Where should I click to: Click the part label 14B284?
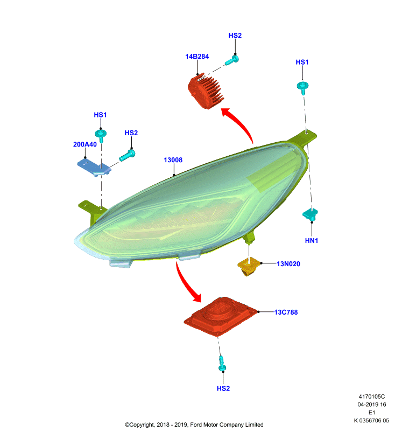coord(197,57)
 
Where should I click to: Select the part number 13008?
coord(173,160)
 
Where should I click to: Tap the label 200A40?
coord(85,144)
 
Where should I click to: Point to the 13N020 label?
coord(288,264)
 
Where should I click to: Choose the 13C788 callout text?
coord(286,312)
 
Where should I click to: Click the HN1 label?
coord(312,240)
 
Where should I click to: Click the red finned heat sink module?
coord(206,91)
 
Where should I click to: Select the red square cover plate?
coord(221,316)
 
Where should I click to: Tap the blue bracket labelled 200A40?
coord(94,167)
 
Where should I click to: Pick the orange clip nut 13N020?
coord(249,266)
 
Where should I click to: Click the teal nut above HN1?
coord(310,214)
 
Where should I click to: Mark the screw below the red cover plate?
coord(222,363)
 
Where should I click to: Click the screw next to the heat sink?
coord(232,60)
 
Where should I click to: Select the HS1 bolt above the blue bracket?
coord(101,136)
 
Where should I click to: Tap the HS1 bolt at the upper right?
coord(302,88)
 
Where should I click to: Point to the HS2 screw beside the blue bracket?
coord(127,155)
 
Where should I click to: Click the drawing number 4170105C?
coord(372,397)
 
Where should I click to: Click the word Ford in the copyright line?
coord(196,425)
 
